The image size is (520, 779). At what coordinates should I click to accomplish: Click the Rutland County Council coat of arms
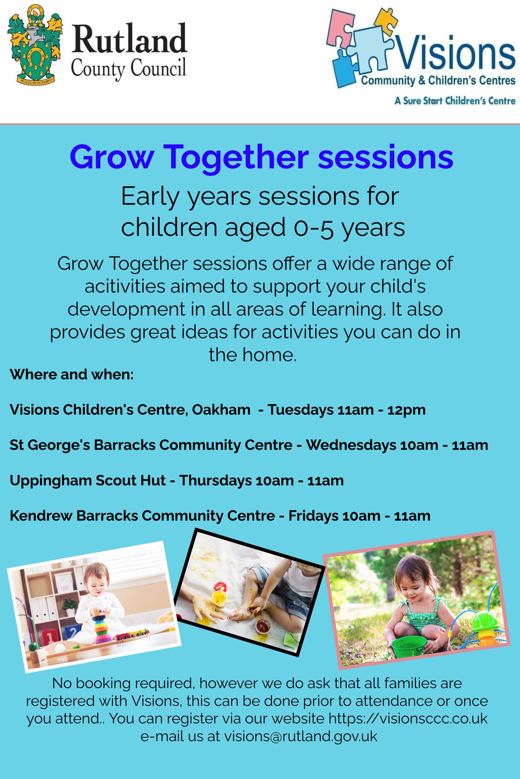pos(35,44)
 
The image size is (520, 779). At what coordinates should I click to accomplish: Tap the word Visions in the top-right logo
pos(456,53)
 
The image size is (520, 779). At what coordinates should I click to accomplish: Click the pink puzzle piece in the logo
pos(341,28)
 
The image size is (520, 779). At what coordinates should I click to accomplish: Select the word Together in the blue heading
pos(236,158)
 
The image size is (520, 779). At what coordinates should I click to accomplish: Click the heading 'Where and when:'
pos(71,374)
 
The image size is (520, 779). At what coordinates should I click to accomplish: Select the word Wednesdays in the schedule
pos(351,445)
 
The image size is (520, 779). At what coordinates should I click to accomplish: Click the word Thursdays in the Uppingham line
pos(216,481)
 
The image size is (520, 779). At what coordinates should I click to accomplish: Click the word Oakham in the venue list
pos(221,410)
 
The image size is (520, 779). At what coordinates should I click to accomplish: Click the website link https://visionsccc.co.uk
pos(408,718)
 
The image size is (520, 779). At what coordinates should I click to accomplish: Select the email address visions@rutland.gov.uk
pos(301,736)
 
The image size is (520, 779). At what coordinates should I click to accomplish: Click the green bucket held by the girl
pos(409,647)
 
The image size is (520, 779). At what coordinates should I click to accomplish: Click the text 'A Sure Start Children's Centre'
pos(455,101)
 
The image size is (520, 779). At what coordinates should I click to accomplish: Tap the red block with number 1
pos(50,637)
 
